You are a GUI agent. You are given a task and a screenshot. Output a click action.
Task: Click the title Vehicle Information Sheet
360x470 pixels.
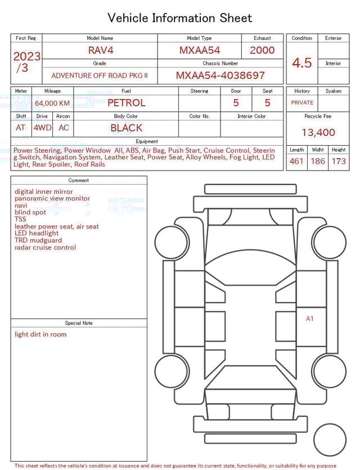(180, 18)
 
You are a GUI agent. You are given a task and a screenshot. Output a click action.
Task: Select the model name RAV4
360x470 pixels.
(101, 50)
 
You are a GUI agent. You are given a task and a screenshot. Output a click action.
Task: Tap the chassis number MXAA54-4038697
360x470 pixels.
(220, 75)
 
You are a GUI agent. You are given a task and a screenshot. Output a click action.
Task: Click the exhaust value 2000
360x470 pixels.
(262, 50)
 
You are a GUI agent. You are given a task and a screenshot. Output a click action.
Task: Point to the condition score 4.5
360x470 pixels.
(301, 63)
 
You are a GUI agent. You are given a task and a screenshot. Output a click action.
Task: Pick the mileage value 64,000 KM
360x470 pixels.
(52, 103)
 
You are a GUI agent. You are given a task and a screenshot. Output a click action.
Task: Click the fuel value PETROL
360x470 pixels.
(126, 102)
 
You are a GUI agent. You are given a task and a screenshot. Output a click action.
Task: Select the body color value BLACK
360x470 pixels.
(126, 128)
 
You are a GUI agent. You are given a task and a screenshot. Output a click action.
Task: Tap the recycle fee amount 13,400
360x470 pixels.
(318, 133)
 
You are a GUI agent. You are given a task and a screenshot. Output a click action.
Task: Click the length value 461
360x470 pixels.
(296, 162)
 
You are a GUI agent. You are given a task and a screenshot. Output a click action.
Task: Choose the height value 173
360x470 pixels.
(339, 162)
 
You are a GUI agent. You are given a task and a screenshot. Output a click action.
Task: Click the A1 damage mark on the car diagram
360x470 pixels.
(309, 319)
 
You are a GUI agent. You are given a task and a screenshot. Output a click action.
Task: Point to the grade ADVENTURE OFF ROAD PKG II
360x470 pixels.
(100, 75)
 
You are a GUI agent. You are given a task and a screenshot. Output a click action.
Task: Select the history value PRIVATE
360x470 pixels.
(302, 102)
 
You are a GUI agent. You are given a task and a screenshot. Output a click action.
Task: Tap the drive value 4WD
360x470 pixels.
(42, 128)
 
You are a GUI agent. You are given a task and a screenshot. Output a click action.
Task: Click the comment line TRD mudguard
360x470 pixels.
(38, 240)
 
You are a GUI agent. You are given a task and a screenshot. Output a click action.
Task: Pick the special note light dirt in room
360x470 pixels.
(40, 334)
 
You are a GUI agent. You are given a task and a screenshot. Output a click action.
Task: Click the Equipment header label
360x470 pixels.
(147, 141)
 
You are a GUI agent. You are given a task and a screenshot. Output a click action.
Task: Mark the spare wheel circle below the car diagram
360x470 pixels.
(330, 440)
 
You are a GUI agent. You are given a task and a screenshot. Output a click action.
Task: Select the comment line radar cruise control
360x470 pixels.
(45, 248)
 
